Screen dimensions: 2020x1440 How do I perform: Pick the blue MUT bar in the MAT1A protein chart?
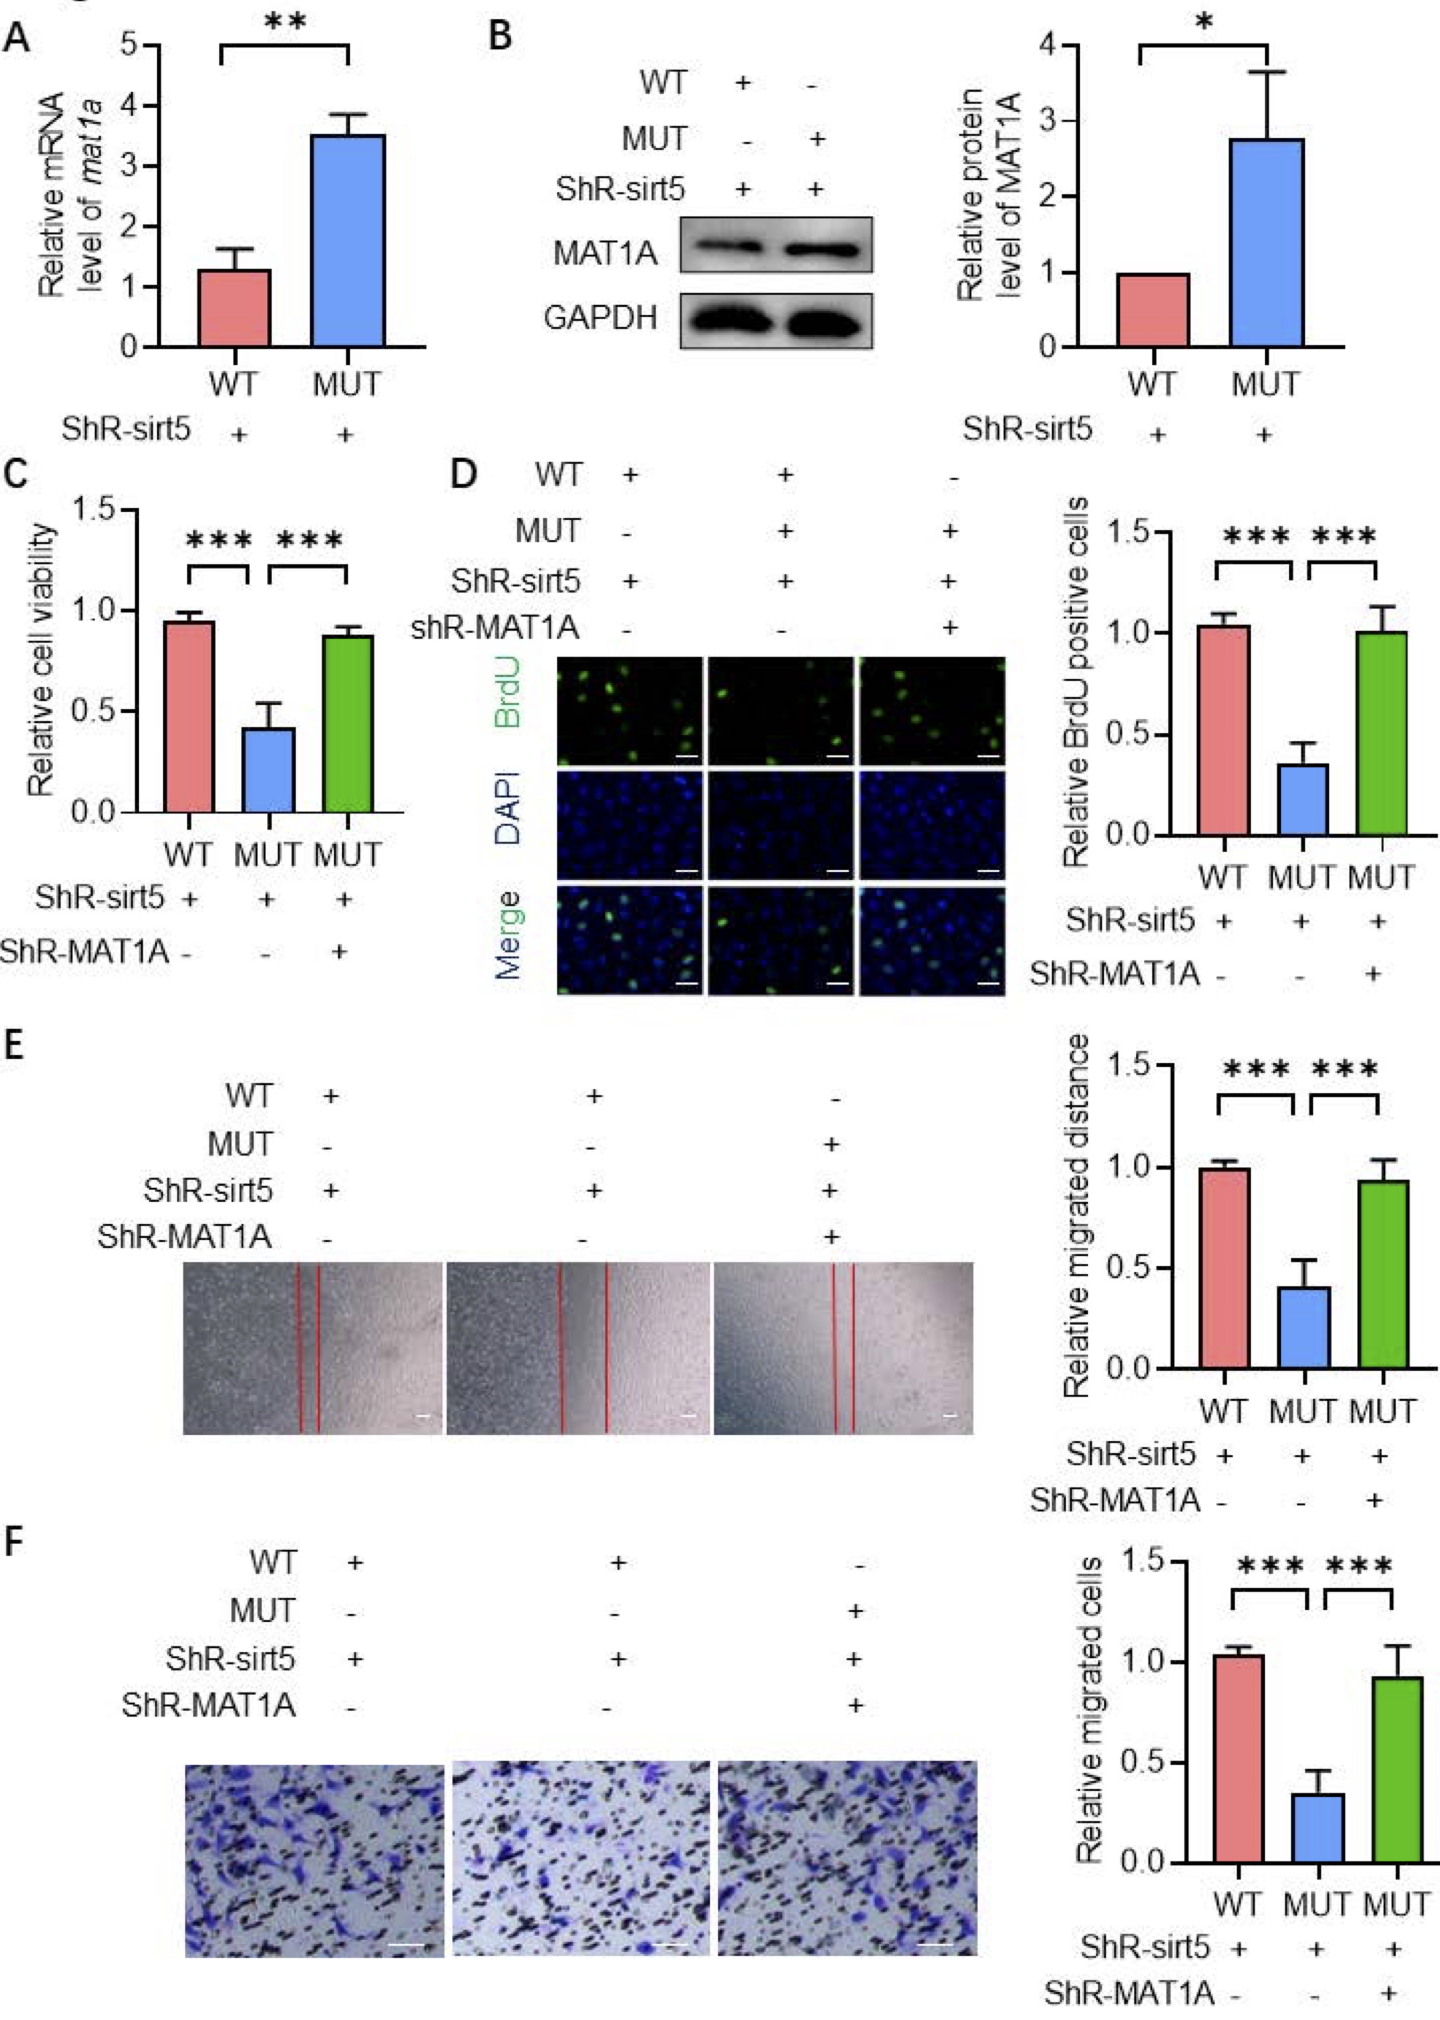tap(1266, 242)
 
